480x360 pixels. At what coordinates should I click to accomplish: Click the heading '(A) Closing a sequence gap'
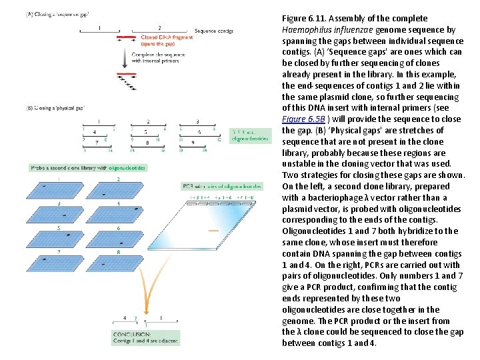tap(57, 14)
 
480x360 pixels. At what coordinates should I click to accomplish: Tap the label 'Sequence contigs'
tap(214, 31)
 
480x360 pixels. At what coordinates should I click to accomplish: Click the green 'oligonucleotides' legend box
tap(251, 135)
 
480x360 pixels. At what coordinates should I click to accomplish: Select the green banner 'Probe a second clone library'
tap(87, 168)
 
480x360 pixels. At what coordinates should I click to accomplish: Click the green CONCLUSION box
tap(143, 337)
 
